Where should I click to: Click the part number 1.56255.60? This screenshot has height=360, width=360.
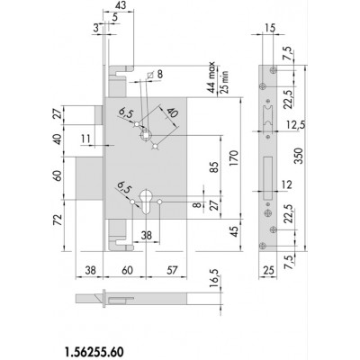(x=94, y=352)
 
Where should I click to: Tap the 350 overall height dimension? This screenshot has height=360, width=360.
(x=299, y=157)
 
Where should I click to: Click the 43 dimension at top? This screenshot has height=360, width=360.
(x=118, y=5)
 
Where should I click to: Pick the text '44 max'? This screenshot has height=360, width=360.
(x=212, y=77)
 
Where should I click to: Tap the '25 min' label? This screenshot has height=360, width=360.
(x=225, y=81)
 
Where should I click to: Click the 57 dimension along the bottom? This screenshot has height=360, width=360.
(x=172, y=270)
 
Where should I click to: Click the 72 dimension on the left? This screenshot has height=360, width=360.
(x=58, y=220)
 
